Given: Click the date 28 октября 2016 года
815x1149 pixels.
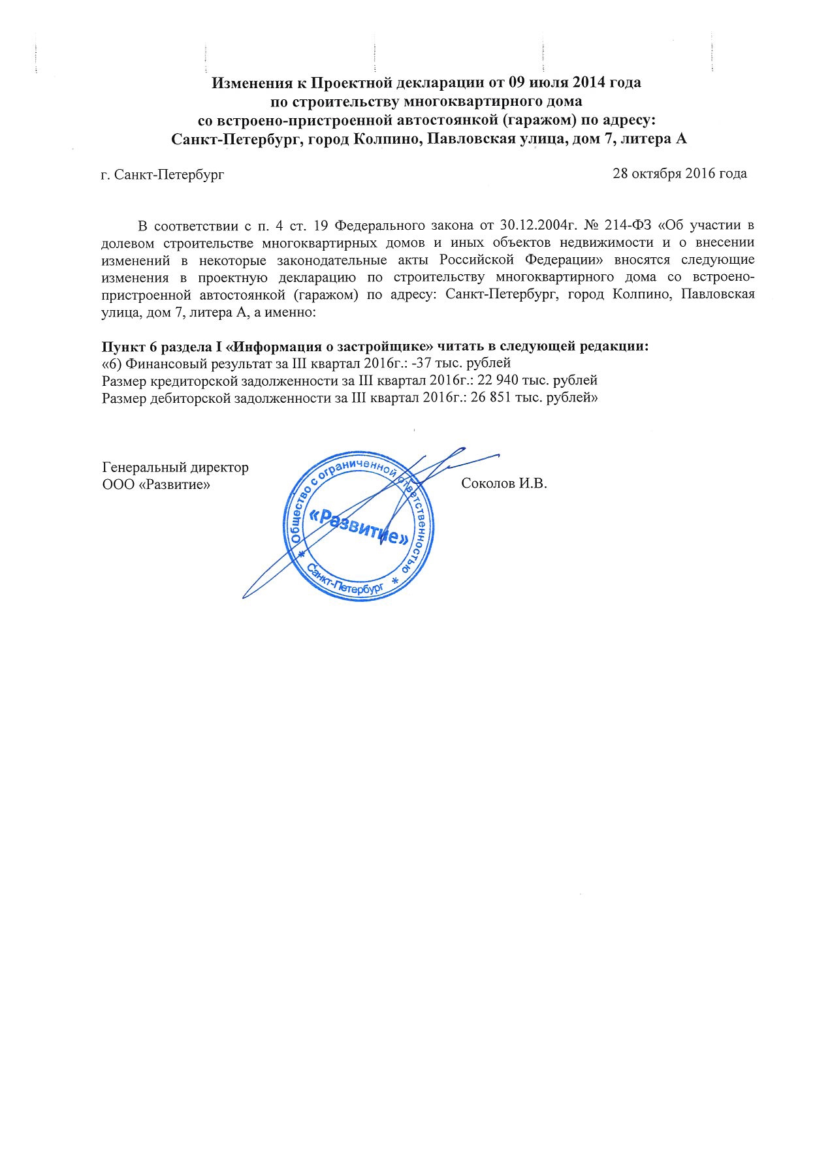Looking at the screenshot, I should click(679, 174).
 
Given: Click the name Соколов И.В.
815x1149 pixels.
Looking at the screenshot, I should click(503, 484).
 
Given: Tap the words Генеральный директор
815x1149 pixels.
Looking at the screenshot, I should click(176, 467).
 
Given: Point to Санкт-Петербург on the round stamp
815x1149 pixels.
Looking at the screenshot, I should click(344, 580).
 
